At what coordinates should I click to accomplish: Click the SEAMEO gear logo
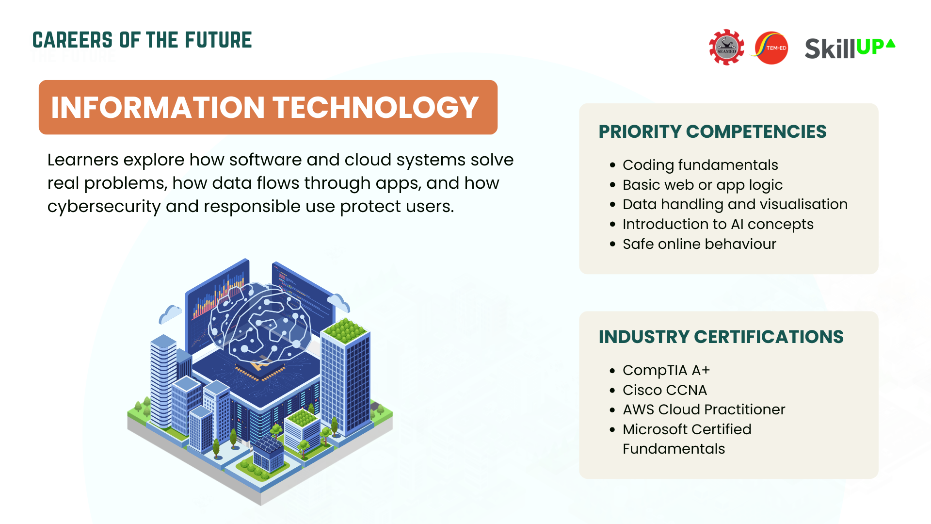click(x=726, y=47)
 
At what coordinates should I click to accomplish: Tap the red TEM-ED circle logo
click(x=771, y=48)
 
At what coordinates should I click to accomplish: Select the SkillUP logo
click(x=850, y=48)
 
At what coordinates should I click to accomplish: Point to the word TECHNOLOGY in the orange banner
click(x=376, y=107)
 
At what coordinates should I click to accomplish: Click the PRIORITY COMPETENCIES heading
click(x=712, y=131)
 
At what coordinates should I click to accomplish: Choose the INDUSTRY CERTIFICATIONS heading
click(x=721, y=337)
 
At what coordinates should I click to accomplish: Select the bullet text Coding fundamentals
click(x=700, y=165)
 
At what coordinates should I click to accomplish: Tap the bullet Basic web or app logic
click(x=703, y=185)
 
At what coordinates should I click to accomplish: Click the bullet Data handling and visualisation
click(x=735, y=204)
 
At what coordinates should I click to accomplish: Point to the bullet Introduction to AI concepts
click(x=718, y=224)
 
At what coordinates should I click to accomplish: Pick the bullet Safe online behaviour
click(x=699, y=244)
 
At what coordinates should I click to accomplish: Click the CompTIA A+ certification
click(x=666, y=370)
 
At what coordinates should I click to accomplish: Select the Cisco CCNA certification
click(x=665, y=390)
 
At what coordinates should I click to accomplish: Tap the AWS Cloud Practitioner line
click(x=704, y=409)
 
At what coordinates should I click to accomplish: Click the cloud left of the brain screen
click(x=170, y=314)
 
